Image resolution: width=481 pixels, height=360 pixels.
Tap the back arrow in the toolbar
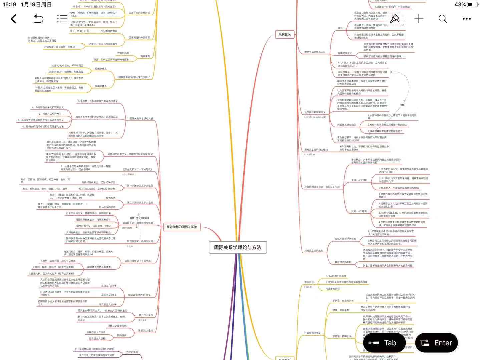pyautogui.click(x=14, y=19)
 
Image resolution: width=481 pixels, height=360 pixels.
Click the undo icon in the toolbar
pyautogui.click(x=38, y=19)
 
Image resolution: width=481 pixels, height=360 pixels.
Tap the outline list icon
pyautogui.click(x=62, y=19)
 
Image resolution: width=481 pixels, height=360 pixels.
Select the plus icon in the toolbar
pyautogui.click(x=419, y=19)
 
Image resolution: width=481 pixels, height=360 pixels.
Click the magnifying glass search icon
pyautogui.click(x=443, y=19)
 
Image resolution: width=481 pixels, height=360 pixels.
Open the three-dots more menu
pyautogui.click(x=467, y=19)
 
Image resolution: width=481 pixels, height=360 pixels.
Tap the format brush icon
pyautogui.click(x=395, y=19)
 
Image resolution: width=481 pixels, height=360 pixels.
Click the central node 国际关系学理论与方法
pyautogui.click(x=237, y=247)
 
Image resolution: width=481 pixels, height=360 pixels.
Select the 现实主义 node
pyautogui.click(x=285, y=34)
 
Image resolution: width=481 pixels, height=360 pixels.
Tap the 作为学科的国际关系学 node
pyautogui.click(x=182, y=227)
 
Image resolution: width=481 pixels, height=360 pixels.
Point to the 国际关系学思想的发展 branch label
pyautogui.click(x=141, y=119)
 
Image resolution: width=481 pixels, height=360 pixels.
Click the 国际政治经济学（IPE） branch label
pyautogui.click(x=140, y=295)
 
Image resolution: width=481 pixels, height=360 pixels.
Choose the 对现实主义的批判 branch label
pyautogui.click(x=314, y=251)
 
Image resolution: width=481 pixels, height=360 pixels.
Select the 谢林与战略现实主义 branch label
pyautogui.click(x=315, y=52)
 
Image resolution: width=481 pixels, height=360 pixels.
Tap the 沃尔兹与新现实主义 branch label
pyautogui.click(x=315, y=112)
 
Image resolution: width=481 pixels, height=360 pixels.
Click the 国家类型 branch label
pyautogui.click(x=145, y=56)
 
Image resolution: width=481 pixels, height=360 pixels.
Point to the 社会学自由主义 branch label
pyautogui.click(x=312, y=333)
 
